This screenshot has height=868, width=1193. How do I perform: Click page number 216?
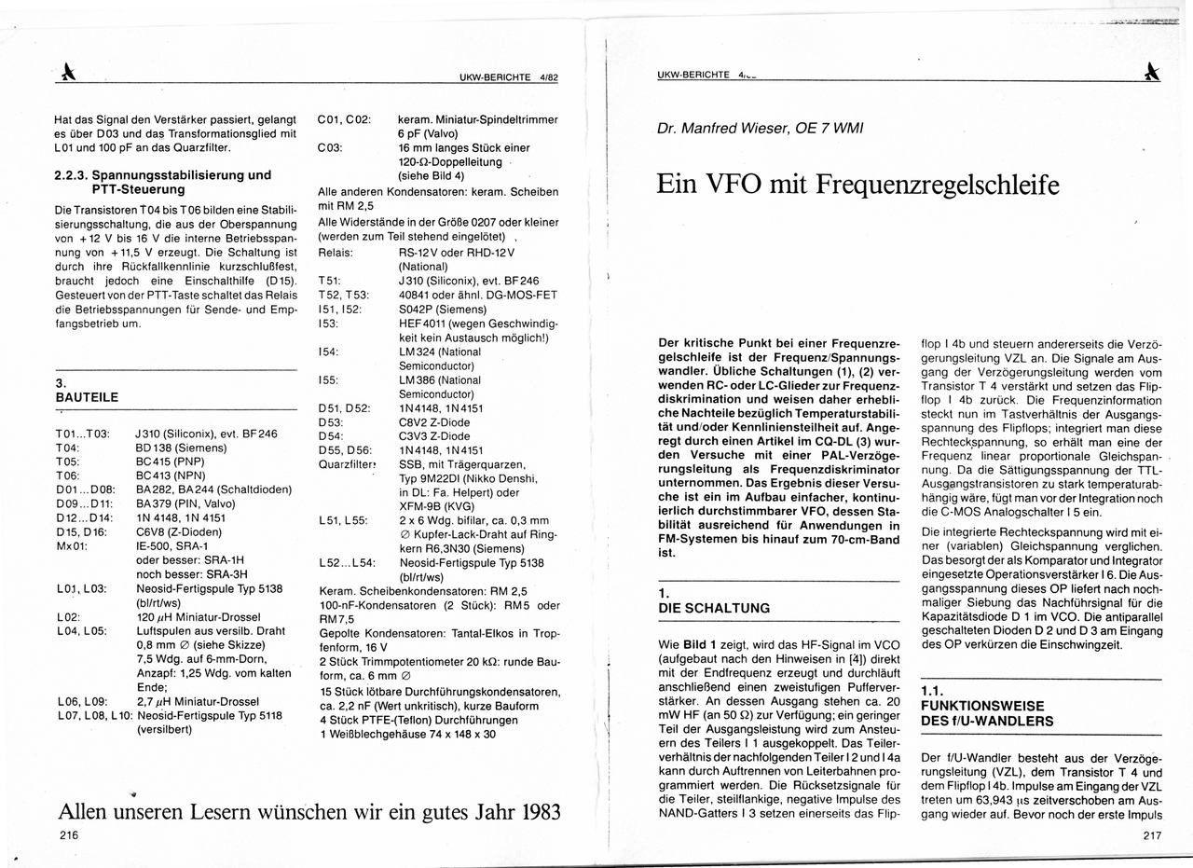point(67,835)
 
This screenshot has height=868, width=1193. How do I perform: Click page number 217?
point(1151,835)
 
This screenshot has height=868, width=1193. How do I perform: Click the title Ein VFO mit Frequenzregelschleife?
point(857,184)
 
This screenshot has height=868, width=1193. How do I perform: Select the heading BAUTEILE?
point(87,397)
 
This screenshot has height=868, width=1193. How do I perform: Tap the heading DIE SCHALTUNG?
point(714,608)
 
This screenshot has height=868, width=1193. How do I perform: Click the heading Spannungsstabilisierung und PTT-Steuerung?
point(163,182)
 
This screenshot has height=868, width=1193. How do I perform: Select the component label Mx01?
point(72,545)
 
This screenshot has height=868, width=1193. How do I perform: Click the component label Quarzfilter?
point(347,464)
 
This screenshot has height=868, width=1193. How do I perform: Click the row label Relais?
point(336,253)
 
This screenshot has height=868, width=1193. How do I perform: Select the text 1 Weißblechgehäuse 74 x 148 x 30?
point(407,734)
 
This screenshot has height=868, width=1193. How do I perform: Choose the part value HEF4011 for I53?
point(420,323)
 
